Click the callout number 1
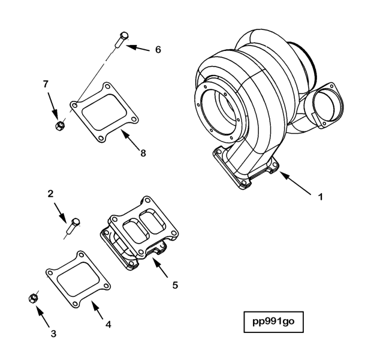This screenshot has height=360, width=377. coord(320,196)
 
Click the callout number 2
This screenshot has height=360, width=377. coord(52,193)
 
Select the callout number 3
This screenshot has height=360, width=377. coord(53,333)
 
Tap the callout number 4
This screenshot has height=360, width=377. coord(108,325)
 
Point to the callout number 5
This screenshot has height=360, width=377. coord(175,285)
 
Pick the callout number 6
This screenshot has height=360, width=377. coord(158,49)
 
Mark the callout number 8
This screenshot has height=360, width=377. coord(143,153)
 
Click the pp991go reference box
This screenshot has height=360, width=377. coord(273,322)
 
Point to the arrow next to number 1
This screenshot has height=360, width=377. coord(294,182)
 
